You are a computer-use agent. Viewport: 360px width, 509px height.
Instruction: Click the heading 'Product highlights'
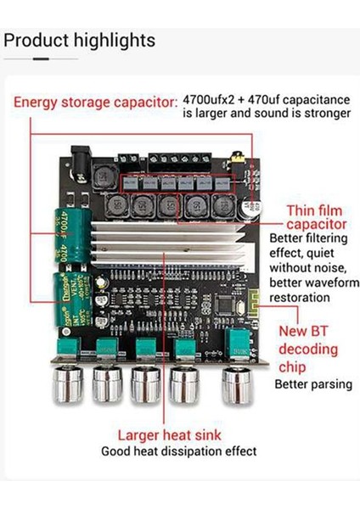pos(80,40)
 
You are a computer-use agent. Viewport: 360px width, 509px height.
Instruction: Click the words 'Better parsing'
pos(312,383)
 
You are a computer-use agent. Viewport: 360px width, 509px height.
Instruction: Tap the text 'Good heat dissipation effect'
pos(178,451)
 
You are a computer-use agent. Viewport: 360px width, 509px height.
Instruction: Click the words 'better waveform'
pos(309,282)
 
